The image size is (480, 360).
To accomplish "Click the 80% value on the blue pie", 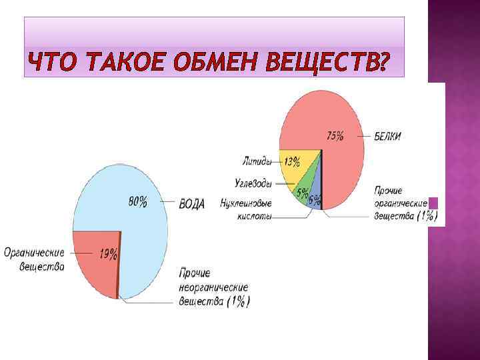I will click(138, 202).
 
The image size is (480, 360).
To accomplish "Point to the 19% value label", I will click(109, 253).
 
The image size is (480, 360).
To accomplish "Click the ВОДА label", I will click(192, 204).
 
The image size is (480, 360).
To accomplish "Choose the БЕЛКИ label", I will click(388, 137).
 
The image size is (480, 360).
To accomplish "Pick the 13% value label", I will click(291, 161).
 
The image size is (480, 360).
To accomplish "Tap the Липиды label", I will click(257, 160).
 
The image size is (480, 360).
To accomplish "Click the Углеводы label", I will click(253, 183).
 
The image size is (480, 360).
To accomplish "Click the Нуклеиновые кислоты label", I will click(247, 210).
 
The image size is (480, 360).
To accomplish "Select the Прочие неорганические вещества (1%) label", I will click(214, 287).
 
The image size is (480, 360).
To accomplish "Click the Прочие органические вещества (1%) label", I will click(403, 203).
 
